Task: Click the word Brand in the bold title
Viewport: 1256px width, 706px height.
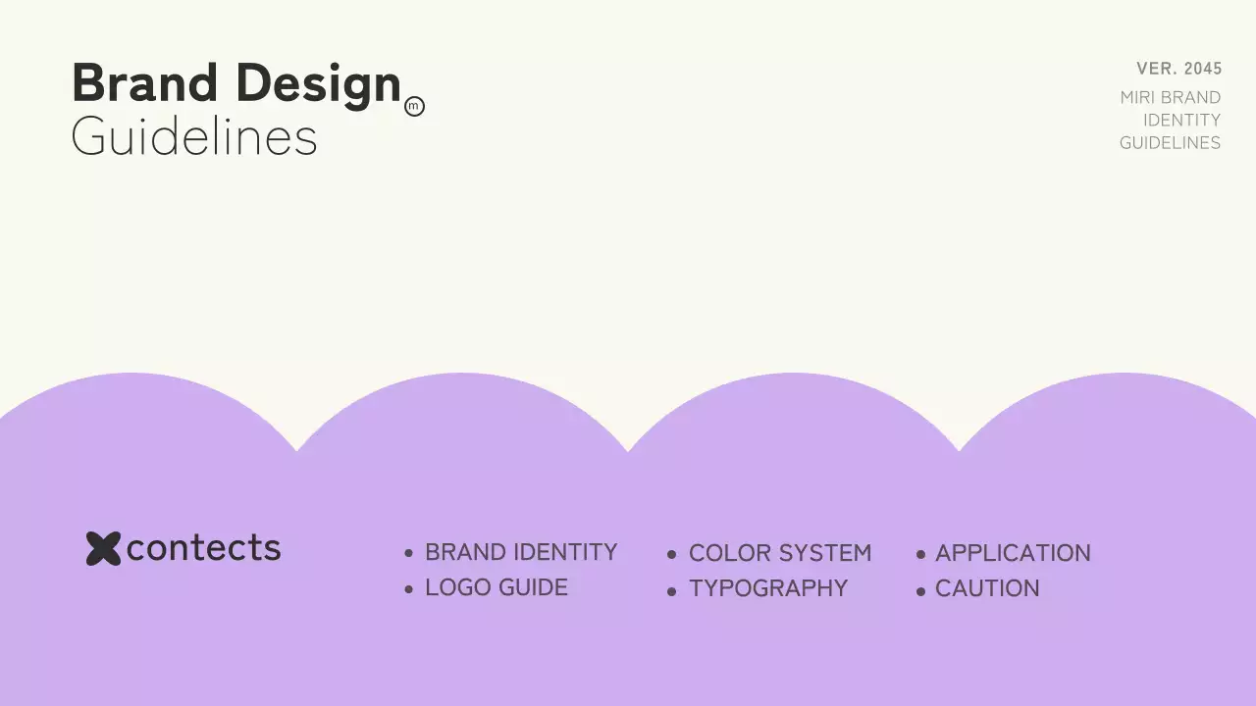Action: tap(144, 83)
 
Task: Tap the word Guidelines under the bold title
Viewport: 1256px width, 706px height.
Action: tap(194, 137)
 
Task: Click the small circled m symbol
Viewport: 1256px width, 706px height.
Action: tap(414, 107)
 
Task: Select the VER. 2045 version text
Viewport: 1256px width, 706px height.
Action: tap(1178, 69)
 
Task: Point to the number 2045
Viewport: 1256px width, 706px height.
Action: tap(1203, 69)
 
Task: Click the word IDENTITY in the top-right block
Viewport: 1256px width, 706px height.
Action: tap(1181, 121)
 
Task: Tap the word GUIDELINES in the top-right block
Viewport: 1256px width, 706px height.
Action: tap(1170, 143)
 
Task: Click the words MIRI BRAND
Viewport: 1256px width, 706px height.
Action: tap(1170, 98)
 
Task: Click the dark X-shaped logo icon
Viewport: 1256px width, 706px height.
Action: tap(103, 548)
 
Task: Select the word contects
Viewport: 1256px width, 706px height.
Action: tap(203, 548)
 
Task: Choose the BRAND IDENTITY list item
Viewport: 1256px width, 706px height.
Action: tap(521, 553)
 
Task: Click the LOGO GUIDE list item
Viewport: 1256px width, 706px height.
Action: tap(497, 588)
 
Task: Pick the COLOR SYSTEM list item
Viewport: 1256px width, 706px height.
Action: tap(780, 553)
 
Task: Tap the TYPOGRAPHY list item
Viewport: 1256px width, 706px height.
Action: tap(768, 588)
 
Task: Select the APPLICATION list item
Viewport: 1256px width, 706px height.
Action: tap(1013, 553)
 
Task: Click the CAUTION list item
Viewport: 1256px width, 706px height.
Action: tap(987, 588)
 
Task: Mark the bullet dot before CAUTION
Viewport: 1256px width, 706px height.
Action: tap(920, 591)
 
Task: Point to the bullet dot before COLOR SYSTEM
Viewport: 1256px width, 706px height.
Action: tap(671, 555)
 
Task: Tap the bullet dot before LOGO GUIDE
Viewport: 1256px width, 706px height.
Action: tap(408, 589)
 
